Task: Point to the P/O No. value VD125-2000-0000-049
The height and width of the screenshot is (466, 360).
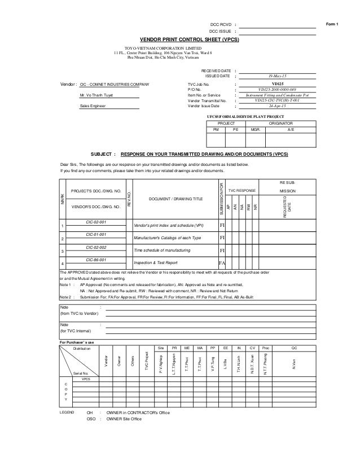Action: coord(278,89)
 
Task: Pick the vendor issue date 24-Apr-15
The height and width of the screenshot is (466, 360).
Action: coord(278,106)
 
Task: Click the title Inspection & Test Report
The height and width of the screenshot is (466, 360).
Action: coord(156,263)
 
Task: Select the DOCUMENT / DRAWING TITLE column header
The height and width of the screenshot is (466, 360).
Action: coord(175,199)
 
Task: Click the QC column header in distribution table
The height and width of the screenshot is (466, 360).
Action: coord(292,349)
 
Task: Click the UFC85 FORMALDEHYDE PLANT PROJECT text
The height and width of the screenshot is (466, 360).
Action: coord(247,115)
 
